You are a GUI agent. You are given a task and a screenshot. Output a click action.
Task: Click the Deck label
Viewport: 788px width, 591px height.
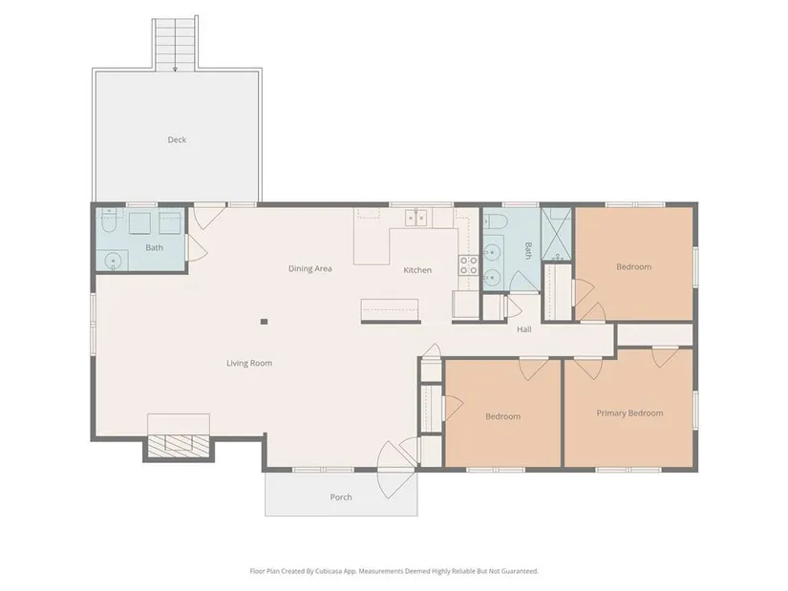pos(177,139)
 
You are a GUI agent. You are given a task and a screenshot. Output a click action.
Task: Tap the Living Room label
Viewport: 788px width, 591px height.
pos(249,363)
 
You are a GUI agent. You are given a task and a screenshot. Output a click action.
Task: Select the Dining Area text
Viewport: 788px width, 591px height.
pos(310,268)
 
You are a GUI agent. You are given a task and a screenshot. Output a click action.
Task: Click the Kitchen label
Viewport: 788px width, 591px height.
pos(417,270)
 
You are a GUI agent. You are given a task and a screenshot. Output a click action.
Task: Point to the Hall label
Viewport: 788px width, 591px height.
pos(524,329)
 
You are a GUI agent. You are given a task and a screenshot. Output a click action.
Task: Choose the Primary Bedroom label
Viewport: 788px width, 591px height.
pos(629,413)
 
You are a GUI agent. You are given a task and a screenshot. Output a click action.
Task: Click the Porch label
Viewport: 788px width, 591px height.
pos(341,497)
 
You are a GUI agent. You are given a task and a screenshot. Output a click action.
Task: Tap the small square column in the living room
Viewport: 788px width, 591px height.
pos(264,322)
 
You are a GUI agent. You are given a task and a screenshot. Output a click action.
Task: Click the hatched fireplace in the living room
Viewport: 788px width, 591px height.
pos(179,443)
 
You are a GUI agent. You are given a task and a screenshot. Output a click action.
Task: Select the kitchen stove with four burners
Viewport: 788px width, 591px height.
pos(468,264)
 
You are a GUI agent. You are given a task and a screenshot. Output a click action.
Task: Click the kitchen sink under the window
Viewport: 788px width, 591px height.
pos(416,218)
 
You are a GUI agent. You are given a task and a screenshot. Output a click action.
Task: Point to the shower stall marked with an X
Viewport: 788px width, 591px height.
pos(556,234)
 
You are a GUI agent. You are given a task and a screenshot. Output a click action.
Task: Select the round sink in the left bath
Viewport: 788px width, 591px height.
pos(114,261)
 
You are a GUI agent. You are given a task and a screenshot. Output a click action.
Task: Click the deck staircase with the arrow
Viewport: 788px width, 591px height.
pos(175,44)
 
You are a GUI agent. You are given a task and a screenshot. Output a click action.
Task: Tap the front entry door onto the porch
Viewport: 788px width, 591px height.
pos(397,470)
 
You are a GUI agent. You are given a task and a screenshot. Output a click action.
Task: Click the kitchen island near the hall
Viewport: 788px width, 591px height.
pos(390,310)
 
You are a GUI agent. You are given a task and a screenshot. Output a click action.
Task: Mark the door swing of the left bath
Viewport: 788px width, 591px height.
pos(197,247)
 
